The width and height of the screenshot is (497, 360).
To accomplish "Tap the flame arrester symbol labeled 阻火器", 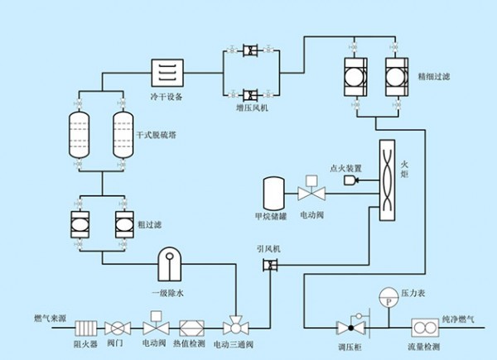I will (x=86, y=325).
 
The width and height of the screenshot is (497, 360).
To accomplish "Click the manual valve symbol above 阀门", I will (x=122, y=325).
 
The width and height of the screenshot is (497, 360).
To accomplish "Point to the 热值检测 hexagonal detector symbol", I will (x=190, y=325).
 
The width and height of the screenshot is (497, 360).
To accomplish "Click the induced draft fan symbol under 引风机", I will (x=269, y=265).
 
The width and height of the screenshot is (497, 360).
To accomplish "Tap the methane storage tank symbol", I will (x=273, y=194).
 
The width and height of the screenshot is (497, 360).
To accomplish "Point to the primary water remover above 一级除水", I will (x=172, y=262).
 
